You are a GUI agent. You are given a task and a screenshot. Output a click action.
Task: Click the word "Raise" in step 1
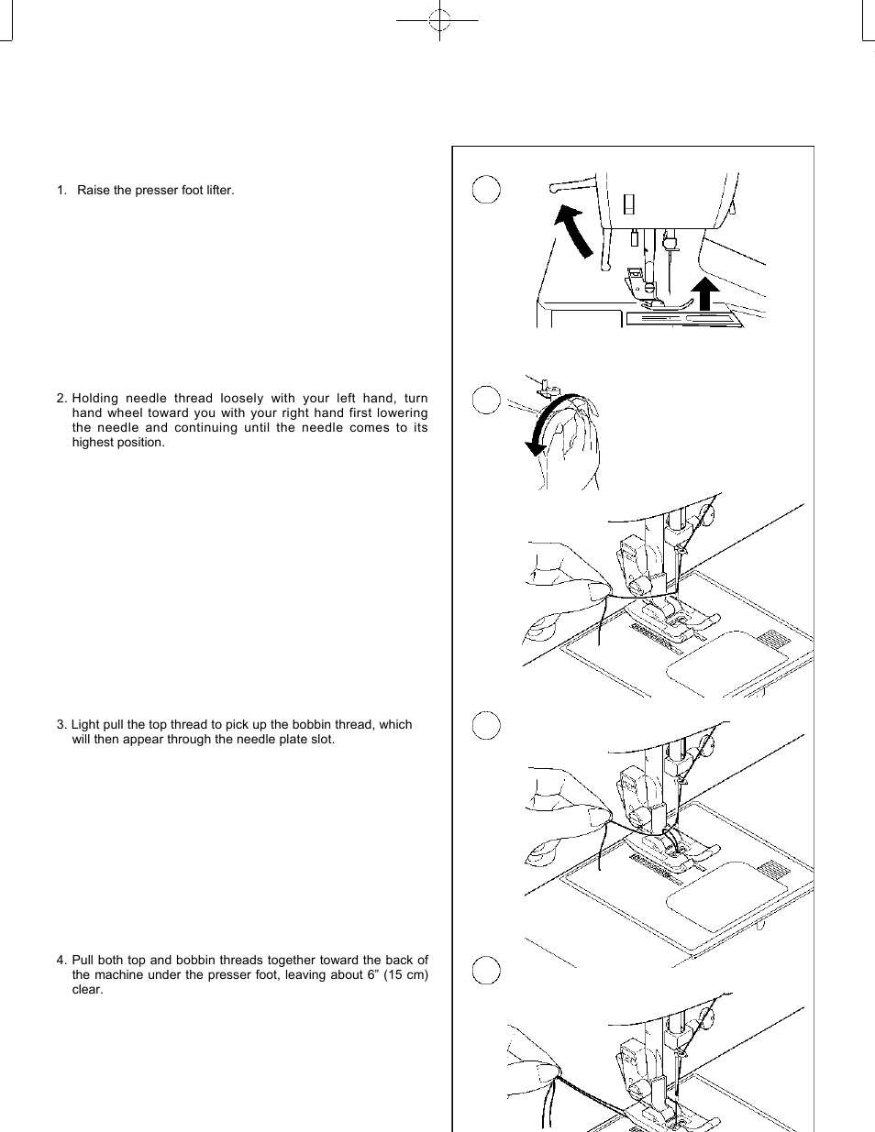click(x=93, y=191)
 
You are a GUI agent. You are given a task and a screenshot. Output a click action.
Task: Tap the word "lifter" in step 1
click(x=217, y=191)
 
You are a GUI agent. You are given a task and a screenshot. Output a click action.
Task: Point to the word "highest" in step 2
click(x=93, y=443)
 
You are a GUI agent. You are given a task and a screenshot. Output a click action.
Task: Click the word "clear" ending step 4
click(x=87, y=990)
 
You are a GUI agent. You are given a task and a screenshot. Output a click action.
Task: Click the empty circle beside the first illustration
click(x=486, y=190)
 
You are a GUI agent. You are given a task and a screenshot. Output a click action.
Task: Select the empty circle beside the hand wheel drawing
click(x=486, y=400)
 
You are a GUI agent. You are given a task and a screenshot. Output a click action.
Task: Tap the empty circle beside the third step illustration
click(x=486, y=726)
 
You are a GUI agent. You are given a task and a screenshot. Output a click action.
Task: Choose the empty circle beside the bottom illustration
click(x=486, y=970)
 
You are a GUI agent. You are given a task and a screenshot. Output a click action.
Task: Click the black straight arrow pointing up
click(x=704, y=295)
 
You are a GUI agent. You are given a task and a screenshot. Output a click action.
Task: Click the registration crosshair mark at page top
click(x=439, y=19)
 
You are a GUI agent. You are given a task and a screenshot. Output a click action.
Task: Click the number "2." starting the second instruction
click(x=61, y=399)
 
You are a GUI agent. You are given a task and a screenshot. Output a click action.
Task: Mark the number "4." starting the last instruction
click(x=61, y=961)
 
